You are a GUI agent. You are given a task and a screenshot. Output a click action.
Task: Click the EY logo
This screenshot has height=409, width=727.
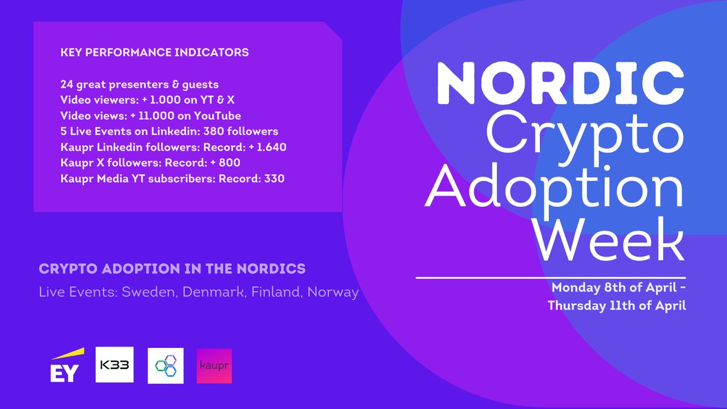65,367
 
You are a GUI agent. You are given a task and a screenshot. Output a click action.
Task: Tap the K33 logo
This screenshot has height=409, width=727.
114,365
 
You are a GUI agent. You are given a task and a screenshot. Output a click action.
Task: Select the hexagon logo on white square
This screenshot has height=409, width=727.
165,365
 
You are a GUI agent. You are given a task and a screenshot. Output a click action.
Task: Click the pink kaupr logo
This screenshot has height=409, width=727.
214,365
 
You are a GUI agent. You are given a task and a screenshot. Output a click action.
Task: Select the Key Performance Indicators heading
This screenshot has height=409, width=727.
154,53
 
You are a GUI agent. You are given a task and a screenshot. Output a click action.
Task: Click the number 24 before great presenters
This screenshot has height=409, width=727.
67,85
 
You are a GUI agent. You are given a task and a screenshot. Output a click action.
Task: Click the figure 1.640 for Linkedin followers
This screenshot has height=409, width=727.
271,147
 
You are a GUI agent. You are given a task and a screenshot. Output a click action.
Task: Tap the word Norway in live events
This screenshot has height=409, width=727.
333,292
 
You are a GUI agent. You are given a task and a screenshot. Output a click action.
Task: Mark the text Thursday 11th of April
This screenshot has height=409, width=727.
617,306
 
